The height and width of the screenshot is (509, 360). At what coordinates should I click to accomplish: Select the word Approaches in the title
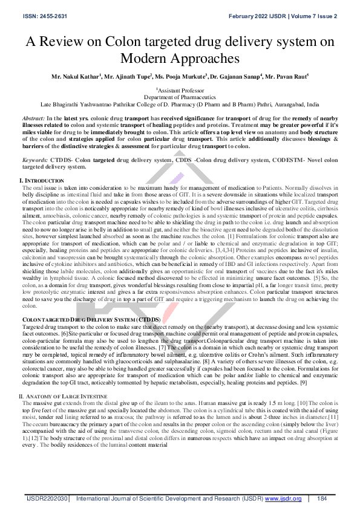209,58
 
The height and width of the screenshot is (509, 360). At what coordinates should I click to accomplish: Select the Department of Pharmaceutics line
180,97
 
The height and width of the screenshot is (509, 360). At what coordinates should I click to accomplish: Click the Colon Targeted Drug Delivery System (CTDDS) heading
91,319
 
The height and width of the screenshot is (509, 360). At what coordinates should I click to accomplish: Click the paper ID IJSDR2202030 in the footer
45,499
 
